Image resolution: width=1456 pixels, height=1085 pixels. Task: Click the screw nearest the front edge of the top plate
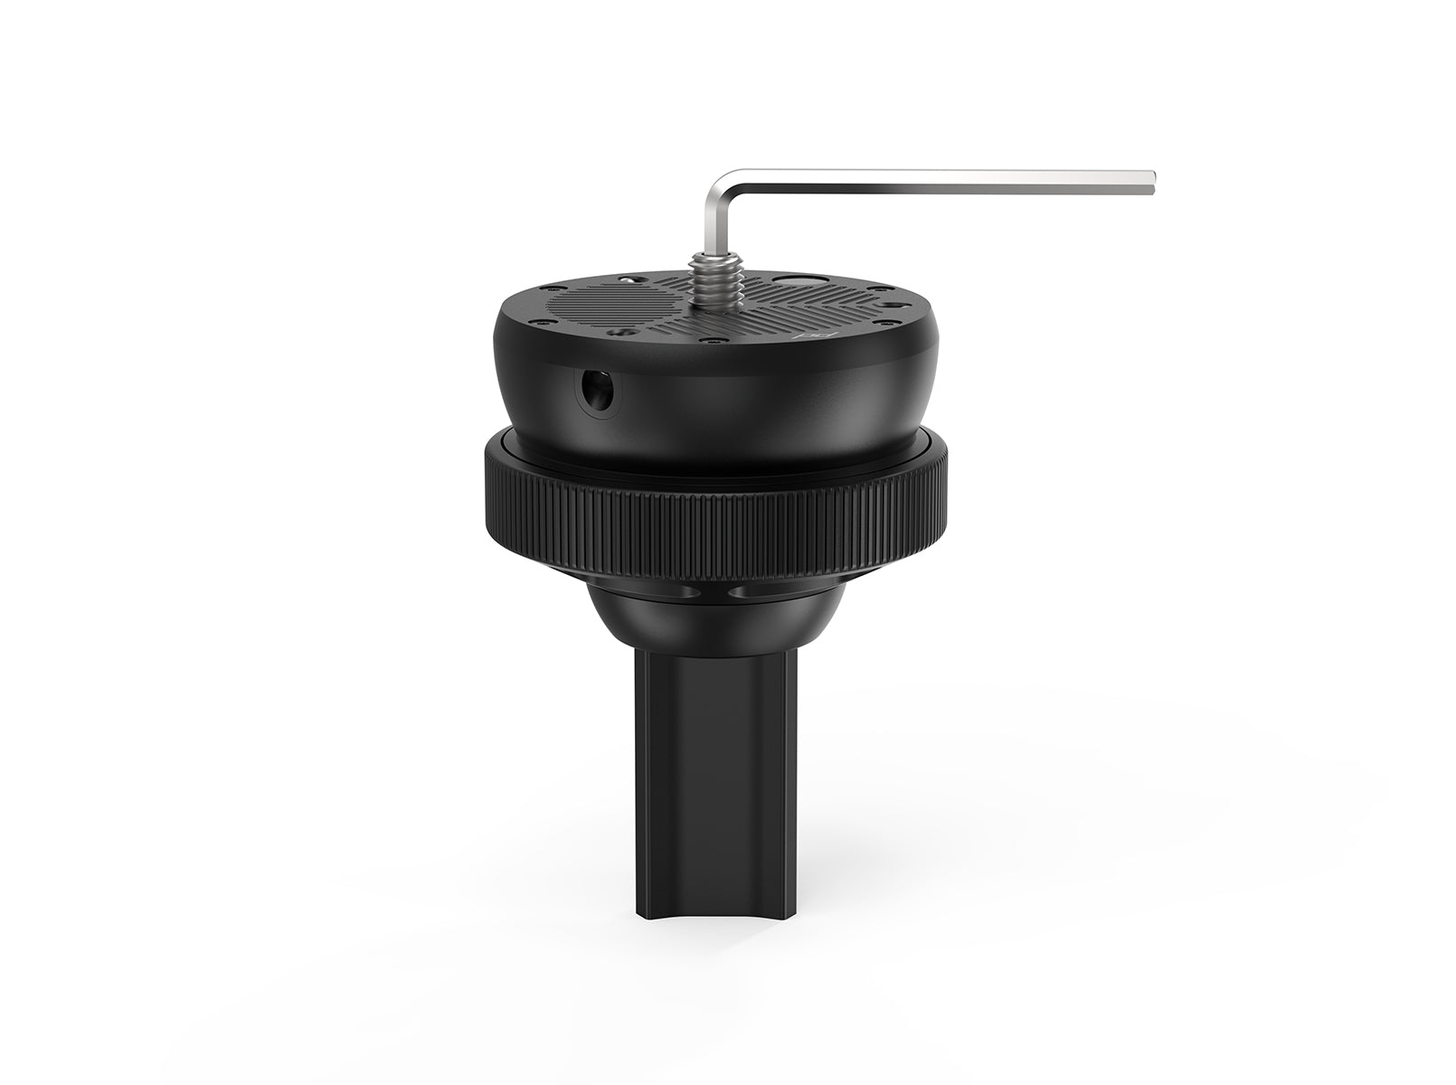tap(714, 341)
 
